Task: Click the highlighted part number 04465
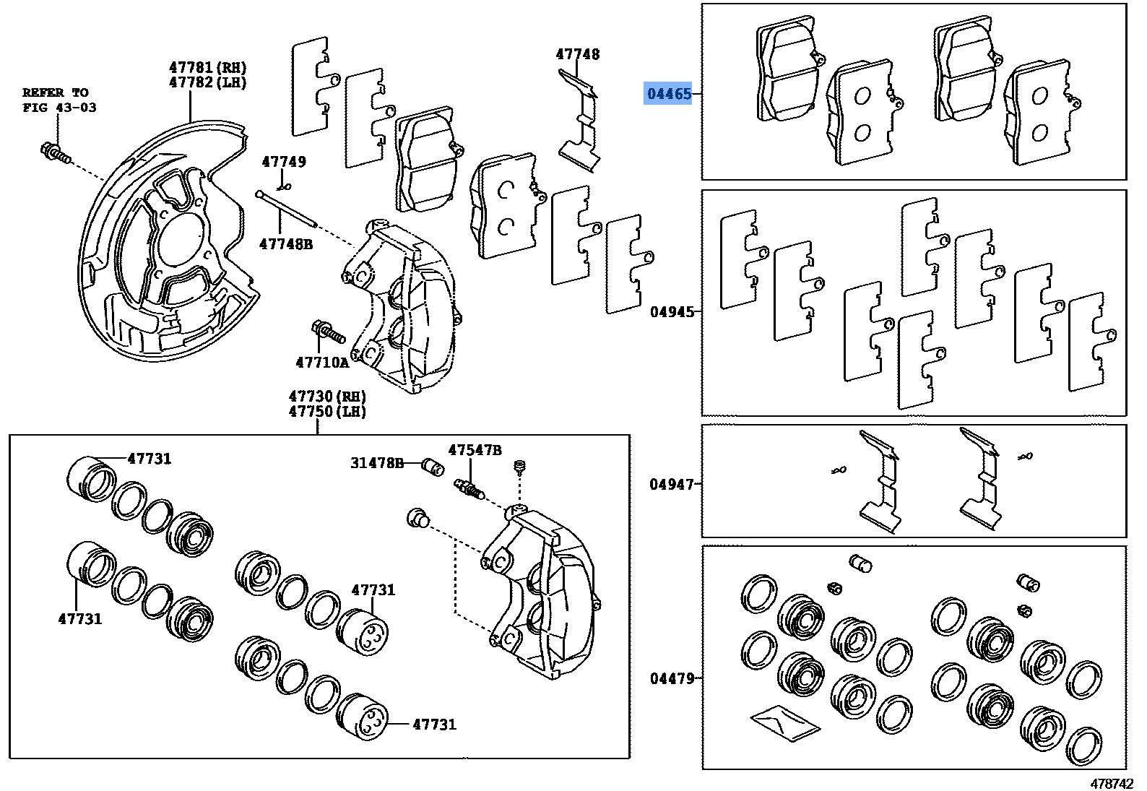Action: point(669,94)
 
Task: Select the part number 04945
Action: point(672,312)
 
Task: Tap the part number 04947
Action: point(671,485)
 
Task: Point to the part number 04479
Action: point(672,678)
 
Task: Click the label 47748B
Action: point(286,244)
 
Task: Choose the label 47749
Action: point(284,162)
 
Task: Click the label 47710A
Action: point(322,363)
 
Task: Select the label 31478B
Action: point(377,463)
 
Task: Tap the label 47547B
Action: point(475,450)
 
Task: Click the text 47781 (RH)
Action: point(208,67)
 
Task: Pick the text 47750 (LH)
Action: point(327,412)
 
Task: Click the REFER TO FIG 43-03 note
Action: point(59,100)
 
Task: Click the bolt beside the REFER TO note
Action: point(56,153)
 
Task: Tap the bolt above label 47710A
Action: point(328,332)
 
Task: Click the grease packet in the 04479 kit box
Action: point(785,722)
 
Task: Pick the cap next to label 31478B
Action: point(433,467)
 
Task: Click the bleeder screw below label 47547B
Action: point(469,488)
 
